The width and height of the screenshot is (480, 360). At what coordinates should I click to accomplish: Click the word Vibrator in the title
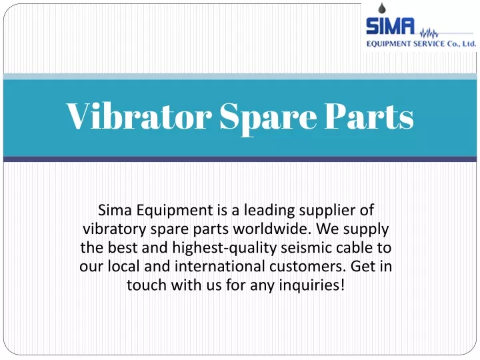pos(139,116)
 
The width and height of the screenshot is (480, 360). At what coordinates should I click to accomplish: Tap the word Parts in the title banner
pos(369,116)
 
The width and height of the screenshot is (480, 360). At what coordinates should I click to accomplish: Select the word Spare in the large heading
pos(268,119)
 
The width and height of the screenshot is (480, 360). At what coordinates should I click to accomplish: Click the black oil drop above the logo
pos(381,8)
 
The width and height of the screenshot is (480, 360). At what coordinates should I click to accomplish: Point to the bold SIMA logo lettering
pos(390,26)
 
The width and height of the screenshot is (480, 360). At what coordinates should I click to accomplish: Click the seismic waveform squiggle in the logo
pos(429,33)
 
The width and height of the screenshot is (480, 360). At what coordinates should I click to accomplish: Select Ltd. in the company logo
pos(469,44)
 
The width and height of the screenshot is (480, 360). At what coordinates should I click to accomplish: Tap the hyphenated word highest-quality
pos(225,248)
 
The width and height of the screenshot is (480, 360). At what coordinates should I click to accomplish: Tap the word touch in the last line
pos(147,285)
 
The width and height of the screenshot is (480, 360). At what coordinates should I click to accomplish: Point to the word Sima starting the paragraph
pos(115,210)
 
